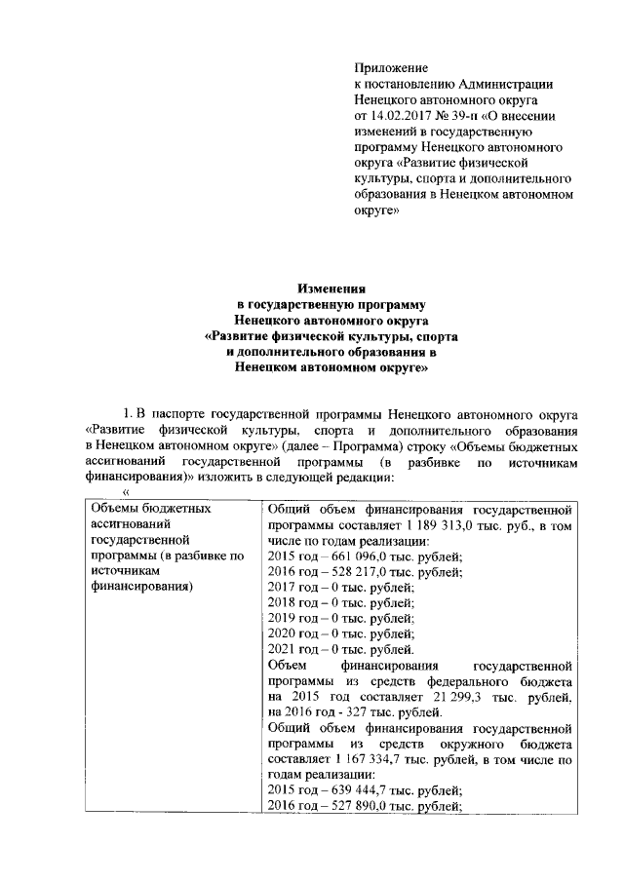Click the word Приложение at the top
[390, 68]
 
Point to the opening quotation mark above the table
[125, 494]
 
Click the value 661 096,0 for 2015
[349, 556]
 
